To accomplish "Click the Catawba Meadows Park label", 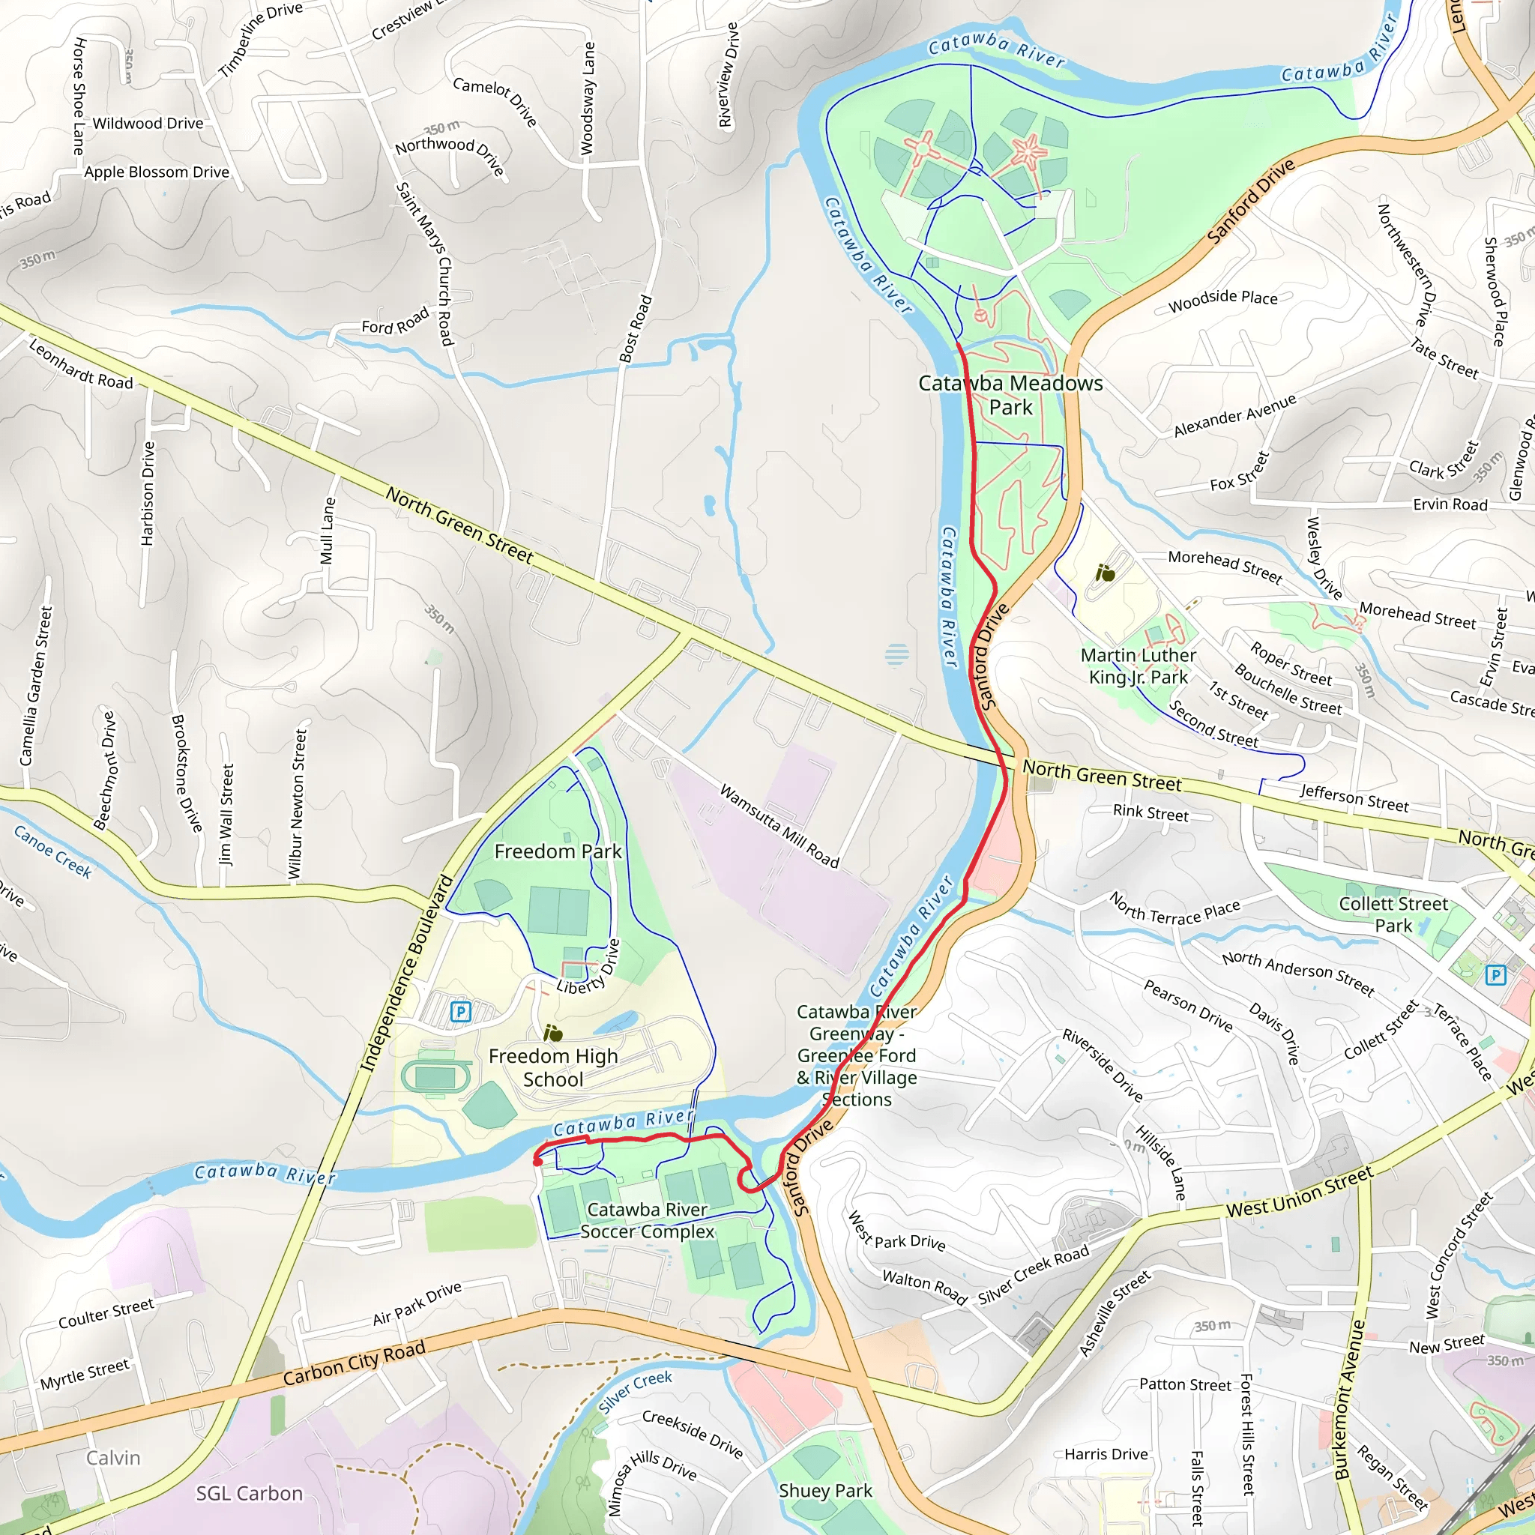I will pyautogui.click(x=1010, y=395).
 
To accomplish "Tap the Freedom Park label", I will pyautogui.click(x=558, y=851).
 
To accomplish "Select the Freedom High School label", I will pyautogui.click(x=553, y=1068).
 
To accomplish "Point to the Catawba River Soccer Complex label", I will pyautogui.click(x=647, y=1220).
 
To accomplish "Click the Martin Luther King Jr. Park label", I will pyautogui.click(x=1138, y=666).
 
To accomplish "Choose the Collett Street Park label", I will pyautogui.click(x=1393, y=914).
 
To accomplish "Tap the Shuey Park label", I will pyautogui.click(x=825, y=1491).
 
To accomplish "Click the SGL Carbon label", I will pyautogui.click(x=250, y=1494).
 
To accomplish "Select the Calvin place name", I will pyautogui.click(x=114, y=1458).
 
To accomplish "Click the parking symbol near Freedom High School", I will pyautogui.click(x=461, y=1011).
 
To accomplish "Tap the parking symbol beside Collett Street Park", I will pyautogui.click(x=1495, y=974).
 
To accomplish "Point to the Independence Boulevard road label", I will pyautogui.click(x=406, y=974).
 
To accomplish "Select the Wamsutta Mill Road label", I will pyautogui.click(x=779, y=826).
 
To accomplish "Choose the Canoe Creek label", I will pyautogui.click(x=53, y=851).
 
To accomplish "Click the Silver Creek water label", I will pyautogui.click(x=636, y=1392).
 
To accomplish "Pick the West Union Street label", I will pyautogui.click(x=1299, y=1192).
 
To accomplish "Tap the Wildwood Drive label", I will pyautogui.click(x=148, y=123).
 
